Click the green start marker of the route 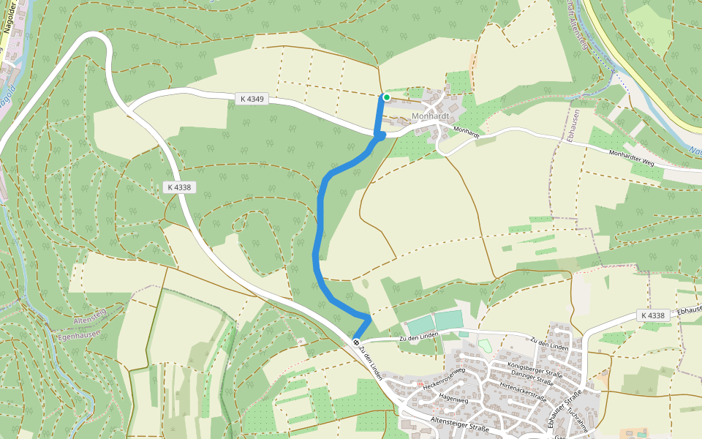[x=386, y=97]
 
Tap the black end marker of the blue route [x=356, y=342]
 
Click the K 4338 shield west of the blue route [x=179, y=187]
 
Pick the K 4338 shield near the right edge [x=652, y=315]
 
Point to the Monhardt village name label [x=430, y=116]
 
